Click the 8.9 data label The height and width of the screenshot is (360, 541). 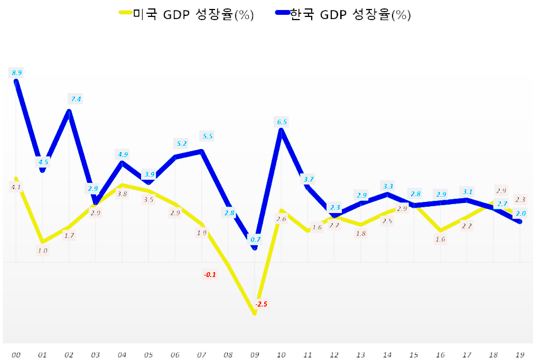click(16, 72)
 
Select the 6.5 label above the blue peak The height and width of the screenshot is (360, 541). click(282, 122)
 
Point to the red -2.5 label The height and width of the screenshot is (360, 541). click(261, 304)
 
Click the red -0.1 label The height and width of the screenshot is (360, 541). click(210, 274)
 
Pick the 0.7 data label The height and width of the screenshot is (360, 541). click(255, 239)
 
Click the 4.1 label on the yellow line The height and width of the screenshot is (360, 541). click(16, 187)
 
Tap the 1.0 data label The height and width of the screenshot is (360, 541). click(42, 251)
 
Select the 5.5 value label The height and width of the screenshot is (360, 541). click(208, 136)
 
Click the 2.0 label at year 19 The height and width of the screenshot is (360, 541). click(520, 213)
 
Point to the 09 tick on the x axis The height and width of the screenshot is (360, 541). click(255, 355)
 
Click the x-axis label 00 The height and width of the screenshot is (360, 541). click(16, 355)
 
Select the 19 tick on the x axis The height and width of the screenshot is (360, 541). click(520, 355)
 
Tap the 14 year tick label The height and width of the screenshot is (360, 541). click(387, 355)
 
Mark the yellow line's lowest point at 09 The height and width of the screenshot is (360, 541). click(255, 313)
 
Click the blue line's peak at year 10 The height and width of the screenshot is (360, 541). click(281, 130)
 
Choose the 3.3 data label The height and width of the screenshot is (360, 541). click(388, 186)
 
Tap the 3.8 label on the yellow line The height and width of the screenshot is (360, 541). click(122, 194)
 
